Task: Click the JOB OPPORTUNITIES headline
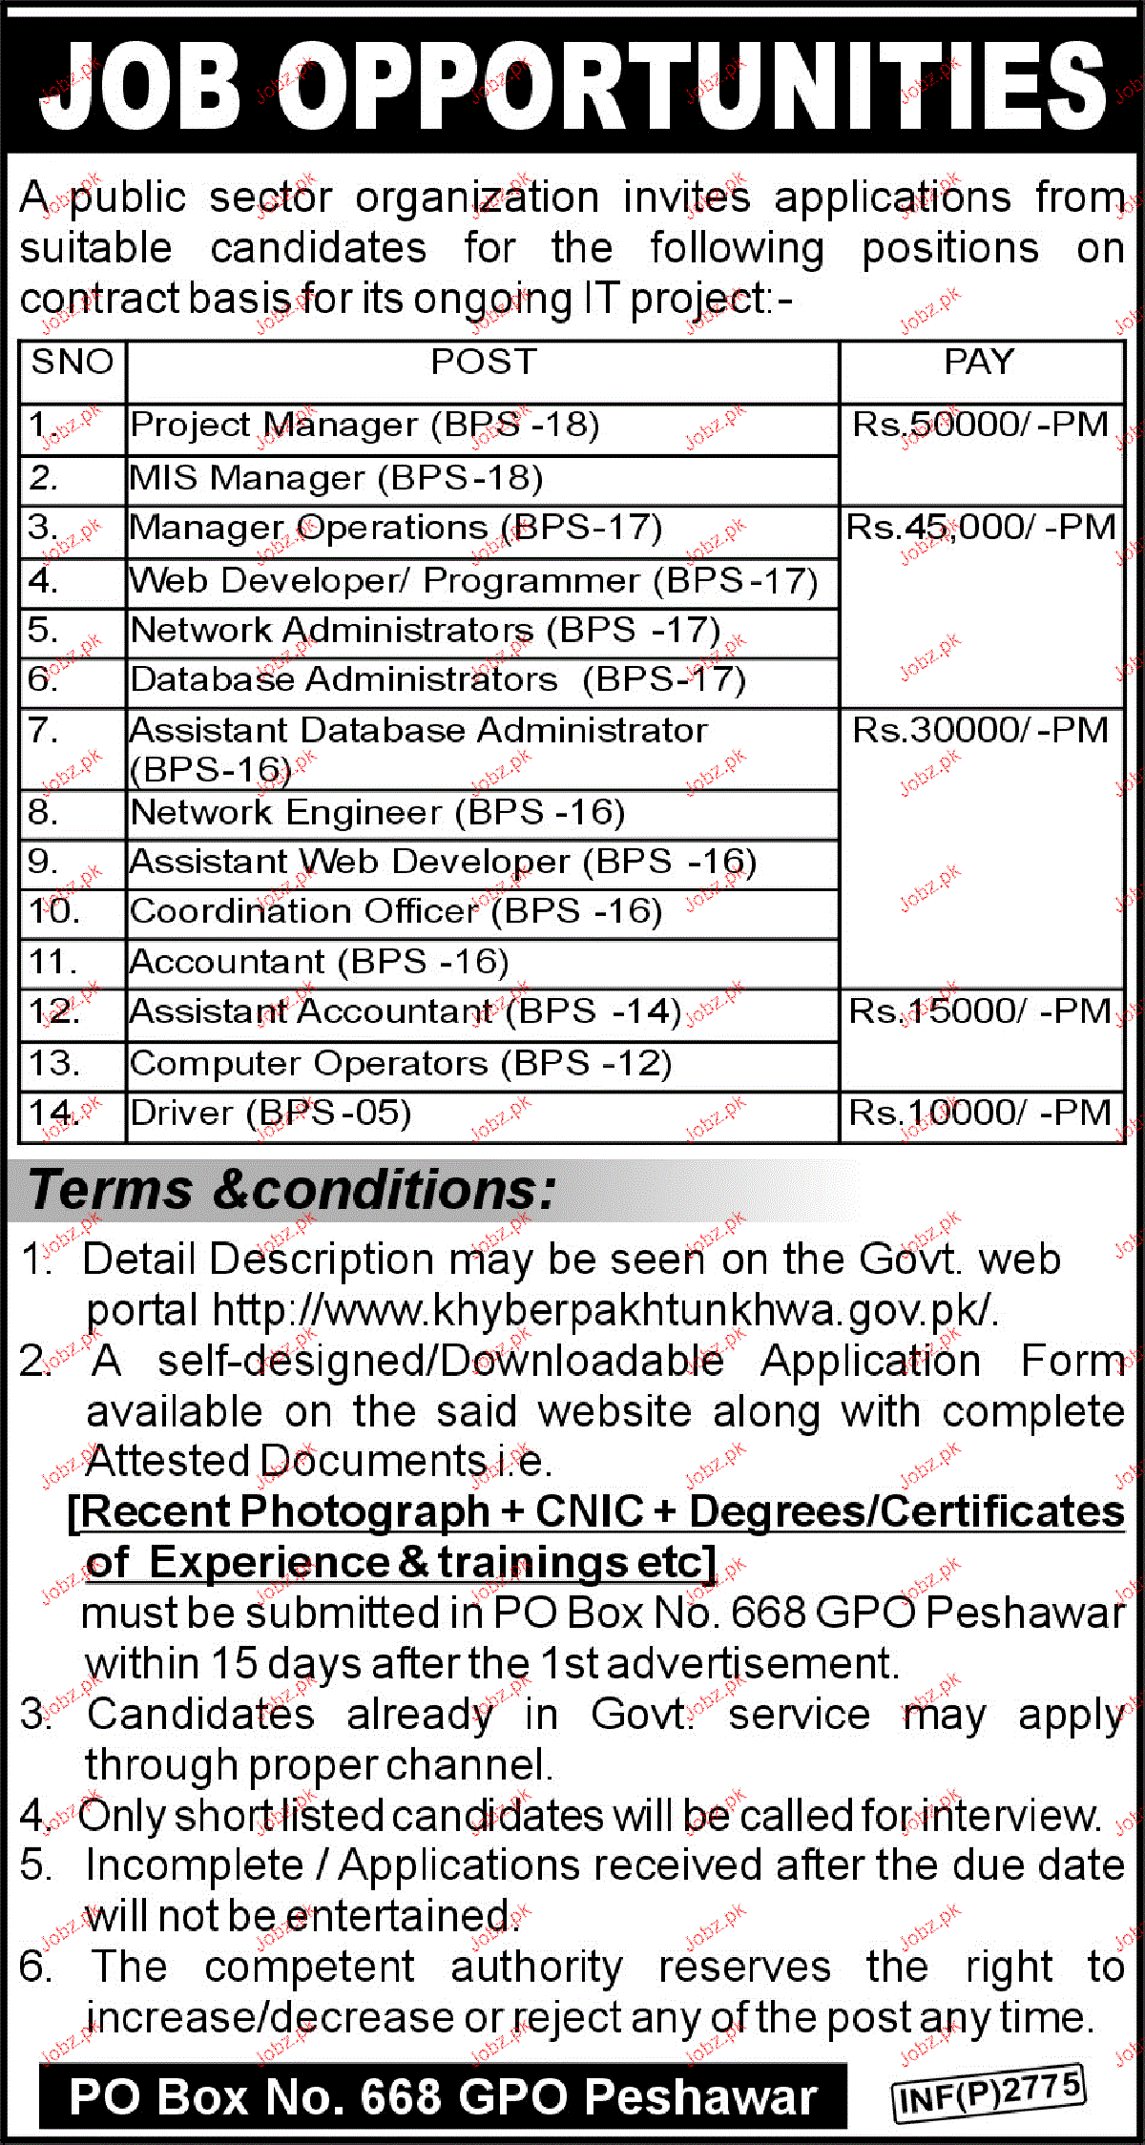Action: [x=572, y=86]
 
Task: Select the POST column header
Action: [x=484, y=363]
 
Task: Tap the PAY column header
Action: [x=979, y=363]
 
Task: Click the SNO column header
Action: [x=73, y=363]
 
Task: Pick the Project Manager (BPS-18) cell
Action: [x=364, y=426]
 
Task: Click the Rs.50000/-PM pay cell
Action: [x=981, y=425]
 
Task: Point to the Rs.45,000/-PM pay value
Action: [x=981, y=528]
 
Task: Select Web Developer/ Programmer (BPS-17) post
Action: [x=473, y=581]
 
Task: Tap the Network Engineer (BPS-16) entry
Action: [x=378, y=813]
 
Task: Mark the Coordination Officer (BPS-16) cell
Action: [x=396, y=912]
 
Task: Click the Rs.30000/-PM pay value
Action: [x=981, y=731]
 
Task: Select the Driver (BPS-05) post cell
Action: [x=271, y=1114]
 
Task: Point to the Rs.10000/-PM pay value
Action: [x=981, y=1114]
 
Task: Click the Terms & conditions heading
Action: [x=292, y=1191]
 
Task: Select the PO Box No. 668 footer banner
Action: [x=443, y=2097]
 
